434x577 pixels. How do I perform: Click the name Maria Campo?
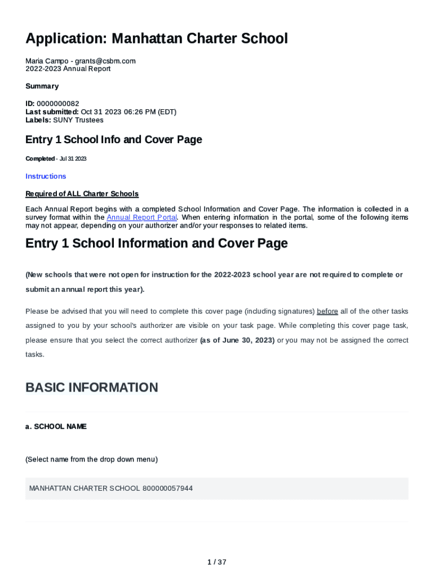47,61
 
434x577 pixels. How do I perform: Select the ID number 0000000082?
57,104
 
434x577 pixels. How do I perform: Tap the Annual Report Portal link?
141,218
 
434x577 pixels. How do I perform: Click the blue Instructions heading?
46,176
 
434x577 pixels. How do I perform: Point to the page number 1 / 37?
217,562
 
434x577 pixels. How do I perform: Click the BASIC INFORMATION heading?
91,388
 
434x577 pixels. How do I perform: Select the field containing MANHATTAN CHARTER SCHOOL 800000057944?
217,489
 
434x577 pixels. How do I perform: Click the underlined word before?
327,311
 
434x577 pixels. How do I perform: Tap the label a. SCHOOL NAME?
56,427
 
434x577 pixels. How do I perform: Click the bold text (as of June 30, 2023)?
237,340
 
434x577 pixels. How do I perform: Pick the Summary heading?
42,86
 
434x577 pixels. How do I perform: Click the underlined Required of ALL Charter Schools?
82,194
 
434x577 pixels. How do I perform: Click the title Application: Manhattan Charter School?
157,39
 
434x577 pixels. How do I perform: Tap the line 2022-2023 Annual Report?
68,69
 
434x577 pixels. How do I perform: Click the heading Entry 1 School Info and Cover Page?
113,140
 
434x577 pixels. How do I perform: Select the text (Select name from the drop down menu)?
91,459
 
